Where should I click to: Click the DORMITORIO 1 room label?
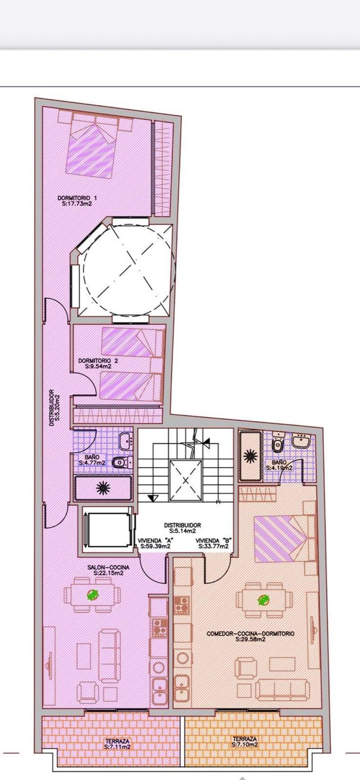(x=77, y=197)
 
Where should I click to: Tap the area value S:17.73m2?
(x=77, y=203)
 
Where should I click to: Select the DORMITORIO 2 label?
(x=98, y=360)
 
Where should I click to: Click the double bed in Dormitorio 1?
(x=92, y=144)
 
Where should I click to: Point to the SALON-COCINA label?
(x=108, y=568)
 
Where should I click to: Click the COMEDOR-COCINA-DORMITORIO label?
(x=251, y=633)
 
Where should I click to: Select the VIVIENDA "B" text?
(x=213, y=540)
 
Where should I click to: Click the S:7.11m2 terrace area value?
(x=117, y=746)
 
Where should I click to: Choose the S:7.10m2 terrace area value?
(x=245, y=744)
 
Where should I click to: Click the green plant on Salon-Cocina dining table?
(x=93, y=595)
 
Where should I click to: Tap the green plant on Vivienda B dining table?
(x=262, y=600)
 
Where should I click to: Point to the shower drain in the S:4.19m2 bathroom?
(x=250, y=456)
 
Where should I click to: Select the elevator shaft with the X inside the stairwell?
(x=185, y=481)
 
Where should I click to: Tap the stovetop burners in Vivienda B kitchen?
(x=182, y=605)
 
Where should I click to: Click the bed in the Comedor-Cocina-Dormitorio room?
(x=283, y=538)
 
